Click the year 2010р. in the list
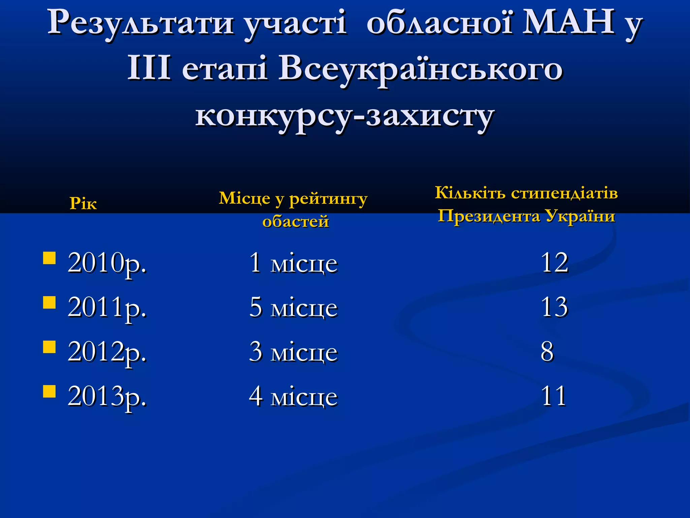pos(107,263)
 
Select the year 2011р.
pos(107,308)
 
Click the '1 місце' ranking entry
pos(293,263)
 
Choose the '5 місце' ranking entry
pos(293,308)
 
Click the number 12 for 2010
pos(555,263)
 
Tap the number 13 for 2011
pos(555,307)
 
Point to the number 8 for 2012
pos(547,352)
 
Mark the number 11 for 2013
pos(554,396)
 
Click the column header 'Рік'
pos(83,204)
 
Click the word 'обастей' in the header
pos(295,222)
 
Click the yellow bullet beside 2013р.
pos(50,392)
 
